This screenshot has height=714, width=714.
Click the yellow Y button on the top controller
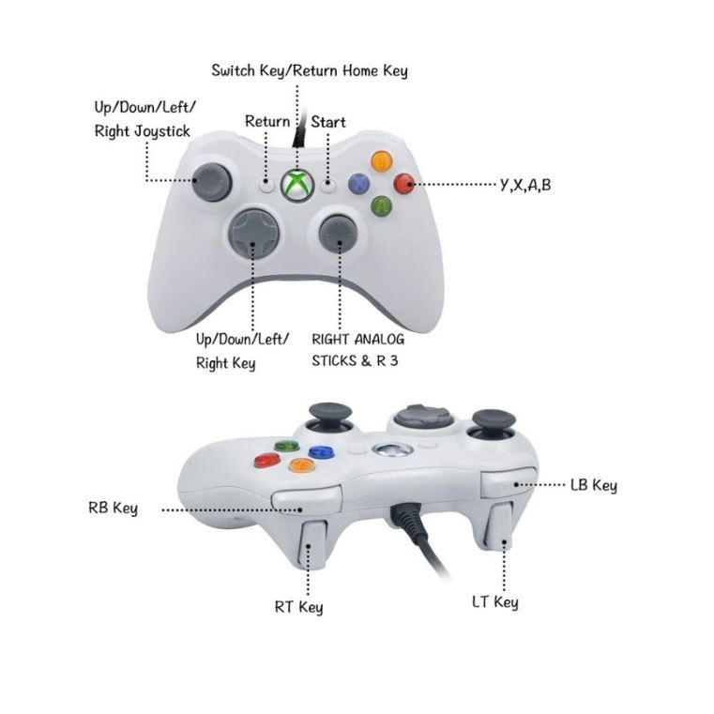(x=381, y=160)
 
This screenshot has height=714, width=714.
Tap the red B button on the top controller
(x=404, y=184)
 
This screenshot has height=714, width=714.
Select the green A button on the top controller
(x=381, y=205)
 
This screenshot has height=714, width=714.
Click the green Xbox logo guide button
(x=297, y=184)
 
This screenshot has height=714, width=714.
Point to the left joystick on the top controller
(x=212, y=181)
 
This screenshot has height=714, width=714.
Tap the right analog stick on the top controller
(x=338, y=233)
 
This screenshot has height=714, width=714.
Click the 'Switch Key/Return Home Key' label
(x=310, y=70)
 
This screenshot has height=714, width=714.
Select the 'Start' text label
(x=328, y=122)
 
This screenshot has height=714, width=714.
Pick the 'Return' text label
(x=267, y=122)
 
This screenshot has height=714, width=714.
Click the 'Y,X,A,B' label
(x=526, y=185)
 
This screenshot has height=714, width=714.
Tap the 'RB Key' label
(x=113, y=509)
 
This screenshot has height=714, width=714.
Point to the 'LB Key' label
(x=593, y=485)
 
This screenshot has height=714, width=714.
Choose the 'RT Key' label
(x=298, y=607)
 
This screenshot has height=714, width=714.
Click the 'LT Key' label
(x=494, y=601)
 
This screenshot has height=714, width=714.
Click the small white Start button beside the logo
(x=327, y=185)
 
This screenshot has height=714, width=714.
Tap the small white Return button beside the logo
(x=267, y=185)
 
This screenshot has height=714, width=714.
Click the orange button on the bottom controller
(x=300, y=464)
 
